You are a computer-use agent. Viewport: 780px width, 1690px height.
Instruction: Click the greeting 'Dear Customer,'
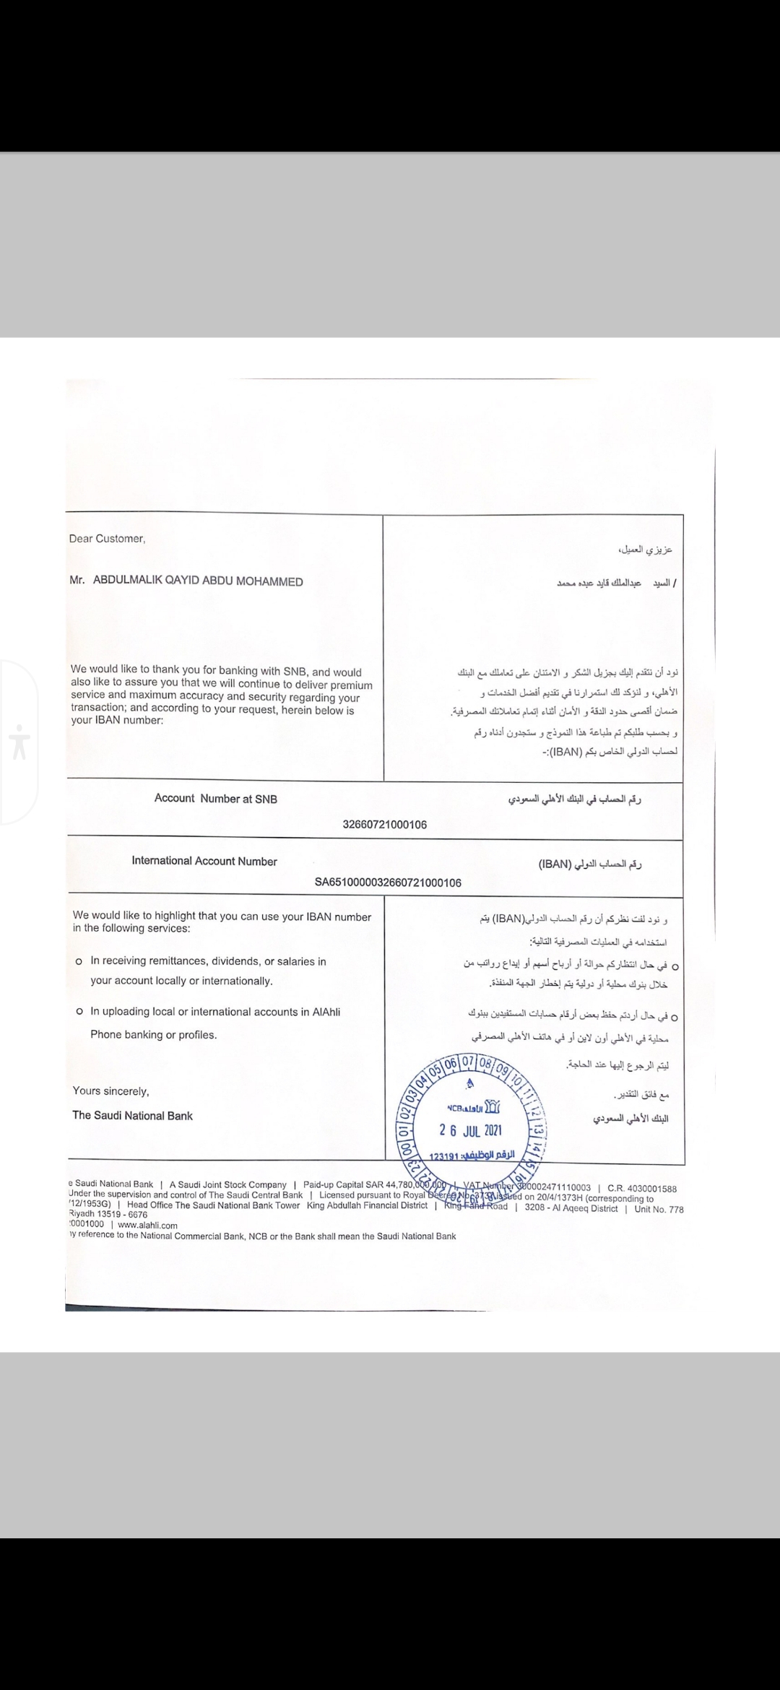[x=107, y=538]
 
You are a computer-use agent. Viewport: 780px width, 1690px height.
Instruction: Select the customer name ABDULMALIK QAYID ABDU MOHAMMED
[x=197, y=581]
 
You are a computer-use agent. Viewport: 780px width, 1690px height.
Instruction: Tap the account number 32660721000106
[x=384, y=825]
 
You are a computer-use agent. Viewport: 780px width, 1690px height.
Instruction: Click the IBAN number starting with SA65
[x=388, y=883]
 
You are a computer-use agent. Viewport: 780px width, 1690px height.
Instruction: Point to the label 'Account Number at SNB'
[x=215, y=798]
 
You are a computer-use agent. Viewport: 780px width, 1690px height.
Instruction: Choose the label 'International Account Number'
[x=204, y=861]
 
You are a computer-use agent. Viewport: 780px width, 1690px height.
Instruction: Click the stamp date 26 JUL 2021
[x=471, y=1130]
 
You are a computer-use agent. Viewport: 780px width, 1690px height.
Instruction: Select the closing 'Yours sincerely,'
[x=110, y=1091]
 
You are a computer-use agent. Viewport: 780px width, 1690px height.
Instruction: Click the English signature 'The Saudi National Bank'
[x=132, y=1116]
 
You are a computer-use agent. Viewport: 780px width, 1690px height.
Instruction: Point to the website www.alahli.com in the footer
[x=147, y=1225]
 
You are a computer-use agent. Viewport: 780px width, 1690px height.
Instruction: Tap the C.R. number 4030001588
[x=642, y=1188]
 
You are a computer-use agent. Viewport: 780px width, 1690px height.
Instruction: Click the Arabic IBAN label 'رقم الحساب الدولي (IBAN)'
[x=590, y=864]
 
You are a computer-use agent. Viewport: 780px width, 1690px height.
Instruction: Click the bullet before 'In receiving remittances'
[x=78, y=962]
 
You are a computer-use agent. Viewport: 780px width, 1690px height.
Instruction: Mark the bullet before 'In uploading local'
[x=78, y=1012]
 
